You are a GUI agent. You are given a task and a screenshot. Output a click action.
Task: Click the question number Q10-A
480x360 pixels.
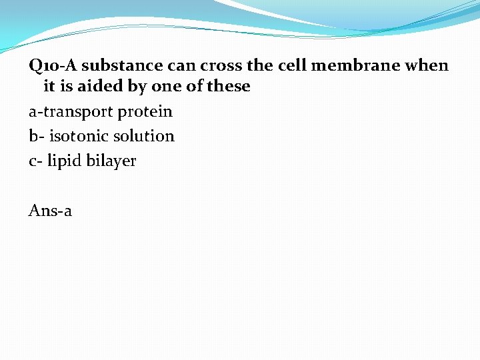[x=53, y=66]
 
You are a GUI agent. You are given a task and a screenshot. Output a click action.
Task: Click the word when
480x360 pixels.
[x=429, y=66]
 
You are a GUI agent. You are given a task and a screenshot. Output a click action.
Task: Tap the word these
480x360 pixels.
[x=228, y=87]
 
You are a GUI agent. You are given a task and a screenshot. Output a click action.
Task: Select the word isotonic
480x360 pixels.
[x=79, y=136]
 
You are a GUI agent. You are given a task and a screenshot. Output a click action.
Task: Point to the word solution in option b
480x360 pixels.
[x=144, y=136]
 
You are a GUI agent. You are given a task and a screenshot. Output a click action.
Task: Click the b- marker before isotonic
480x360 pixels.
[x=36, y=136]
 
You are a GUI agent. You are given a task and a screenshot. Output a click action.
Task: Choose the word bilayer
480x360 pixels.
[x=111, y=161]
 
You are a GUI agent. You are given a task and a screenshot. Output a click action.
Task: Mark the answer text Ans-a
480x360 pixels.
[x=50, y=211]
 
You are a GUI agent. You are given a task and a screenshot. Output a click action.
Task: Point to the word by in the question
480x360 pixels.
[x=138, y=87]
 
